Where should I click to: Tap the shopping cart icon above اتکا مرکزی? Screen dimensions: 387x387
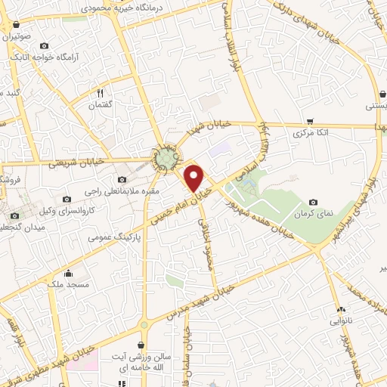[x=310, y=120]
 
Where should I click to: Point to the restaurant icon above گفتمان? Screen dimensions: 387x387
[x=101, y=93]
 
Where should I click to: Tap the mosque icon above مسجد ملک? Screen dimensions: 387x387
[x=70, y=273]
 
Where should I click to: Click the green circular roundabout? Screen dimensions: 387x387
[x=166, y=158]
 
